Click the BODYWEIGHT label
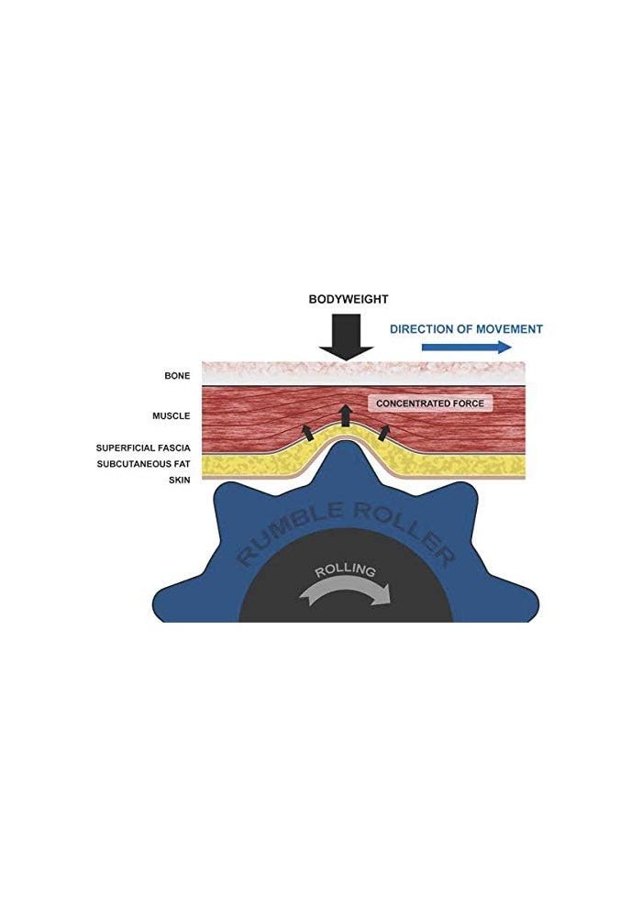pos(349,300)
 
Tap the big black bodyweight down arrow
pos(346,338)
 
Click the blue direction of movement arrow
pos(467,348)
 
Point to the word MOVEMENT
pos(509,329)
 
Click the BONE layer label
pos(177,375)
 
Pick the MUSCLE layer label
pos(172,415)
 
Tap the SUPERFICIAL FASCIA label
pos(143,448)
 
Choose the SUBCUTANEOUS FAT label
pos(144,464)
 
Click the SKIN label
pos(180,481)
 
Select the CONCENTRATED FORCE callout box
pos(430,403)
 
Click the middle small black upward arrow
pos(346,414)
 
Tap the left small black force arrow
pos(306,433)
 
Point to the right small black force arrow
pos(384,433)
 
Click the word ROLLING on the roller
pos(345,570)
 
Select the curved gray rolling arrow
pos(345,590)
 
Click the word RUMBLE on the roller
pos(288,531)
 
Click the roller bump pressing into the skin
pos(346,462)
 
